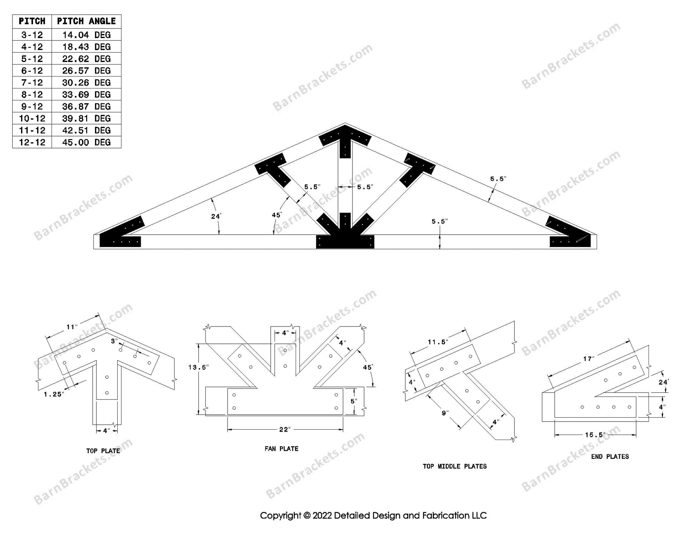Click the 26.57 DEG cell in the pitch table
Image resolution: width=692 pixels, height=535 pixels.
[86, 71]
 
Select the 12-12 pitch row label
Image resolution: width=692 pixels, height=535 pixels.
[32, 142]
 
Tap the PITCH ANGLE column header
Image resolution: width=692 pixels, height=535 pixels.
[86, 21]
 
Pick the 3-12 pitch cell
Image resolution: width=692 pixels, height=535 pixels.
[32, 35]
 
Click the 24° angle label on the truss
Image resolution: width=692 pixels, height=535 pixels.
[216, 217]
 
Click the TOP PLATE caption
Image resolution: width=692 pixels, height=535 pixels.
[103, 451]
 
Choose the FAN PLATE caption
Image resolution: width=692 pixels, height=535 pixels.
[281, 448]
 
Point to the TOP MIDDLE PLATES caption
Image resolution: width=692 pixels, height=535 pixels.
[455, 466]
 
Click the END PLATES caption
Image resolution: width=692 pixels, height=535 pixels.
[610, 457]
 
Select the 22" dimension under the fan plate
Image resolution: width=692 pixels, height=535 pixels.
[284, 429]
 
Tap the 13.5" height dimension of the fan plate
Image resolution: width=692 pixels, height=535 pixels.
[198, 367]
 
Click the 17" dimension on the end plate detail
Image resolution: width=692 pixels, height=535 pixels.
[588, 359]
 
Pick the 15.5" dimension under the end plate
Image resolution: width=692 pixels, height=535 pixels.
[595, 435]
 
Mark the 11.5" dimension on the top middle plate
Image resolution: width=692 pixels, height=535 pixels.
[438, 342]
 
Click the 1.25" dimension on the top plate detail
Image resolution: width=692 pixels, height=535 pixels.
[53, 394]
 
